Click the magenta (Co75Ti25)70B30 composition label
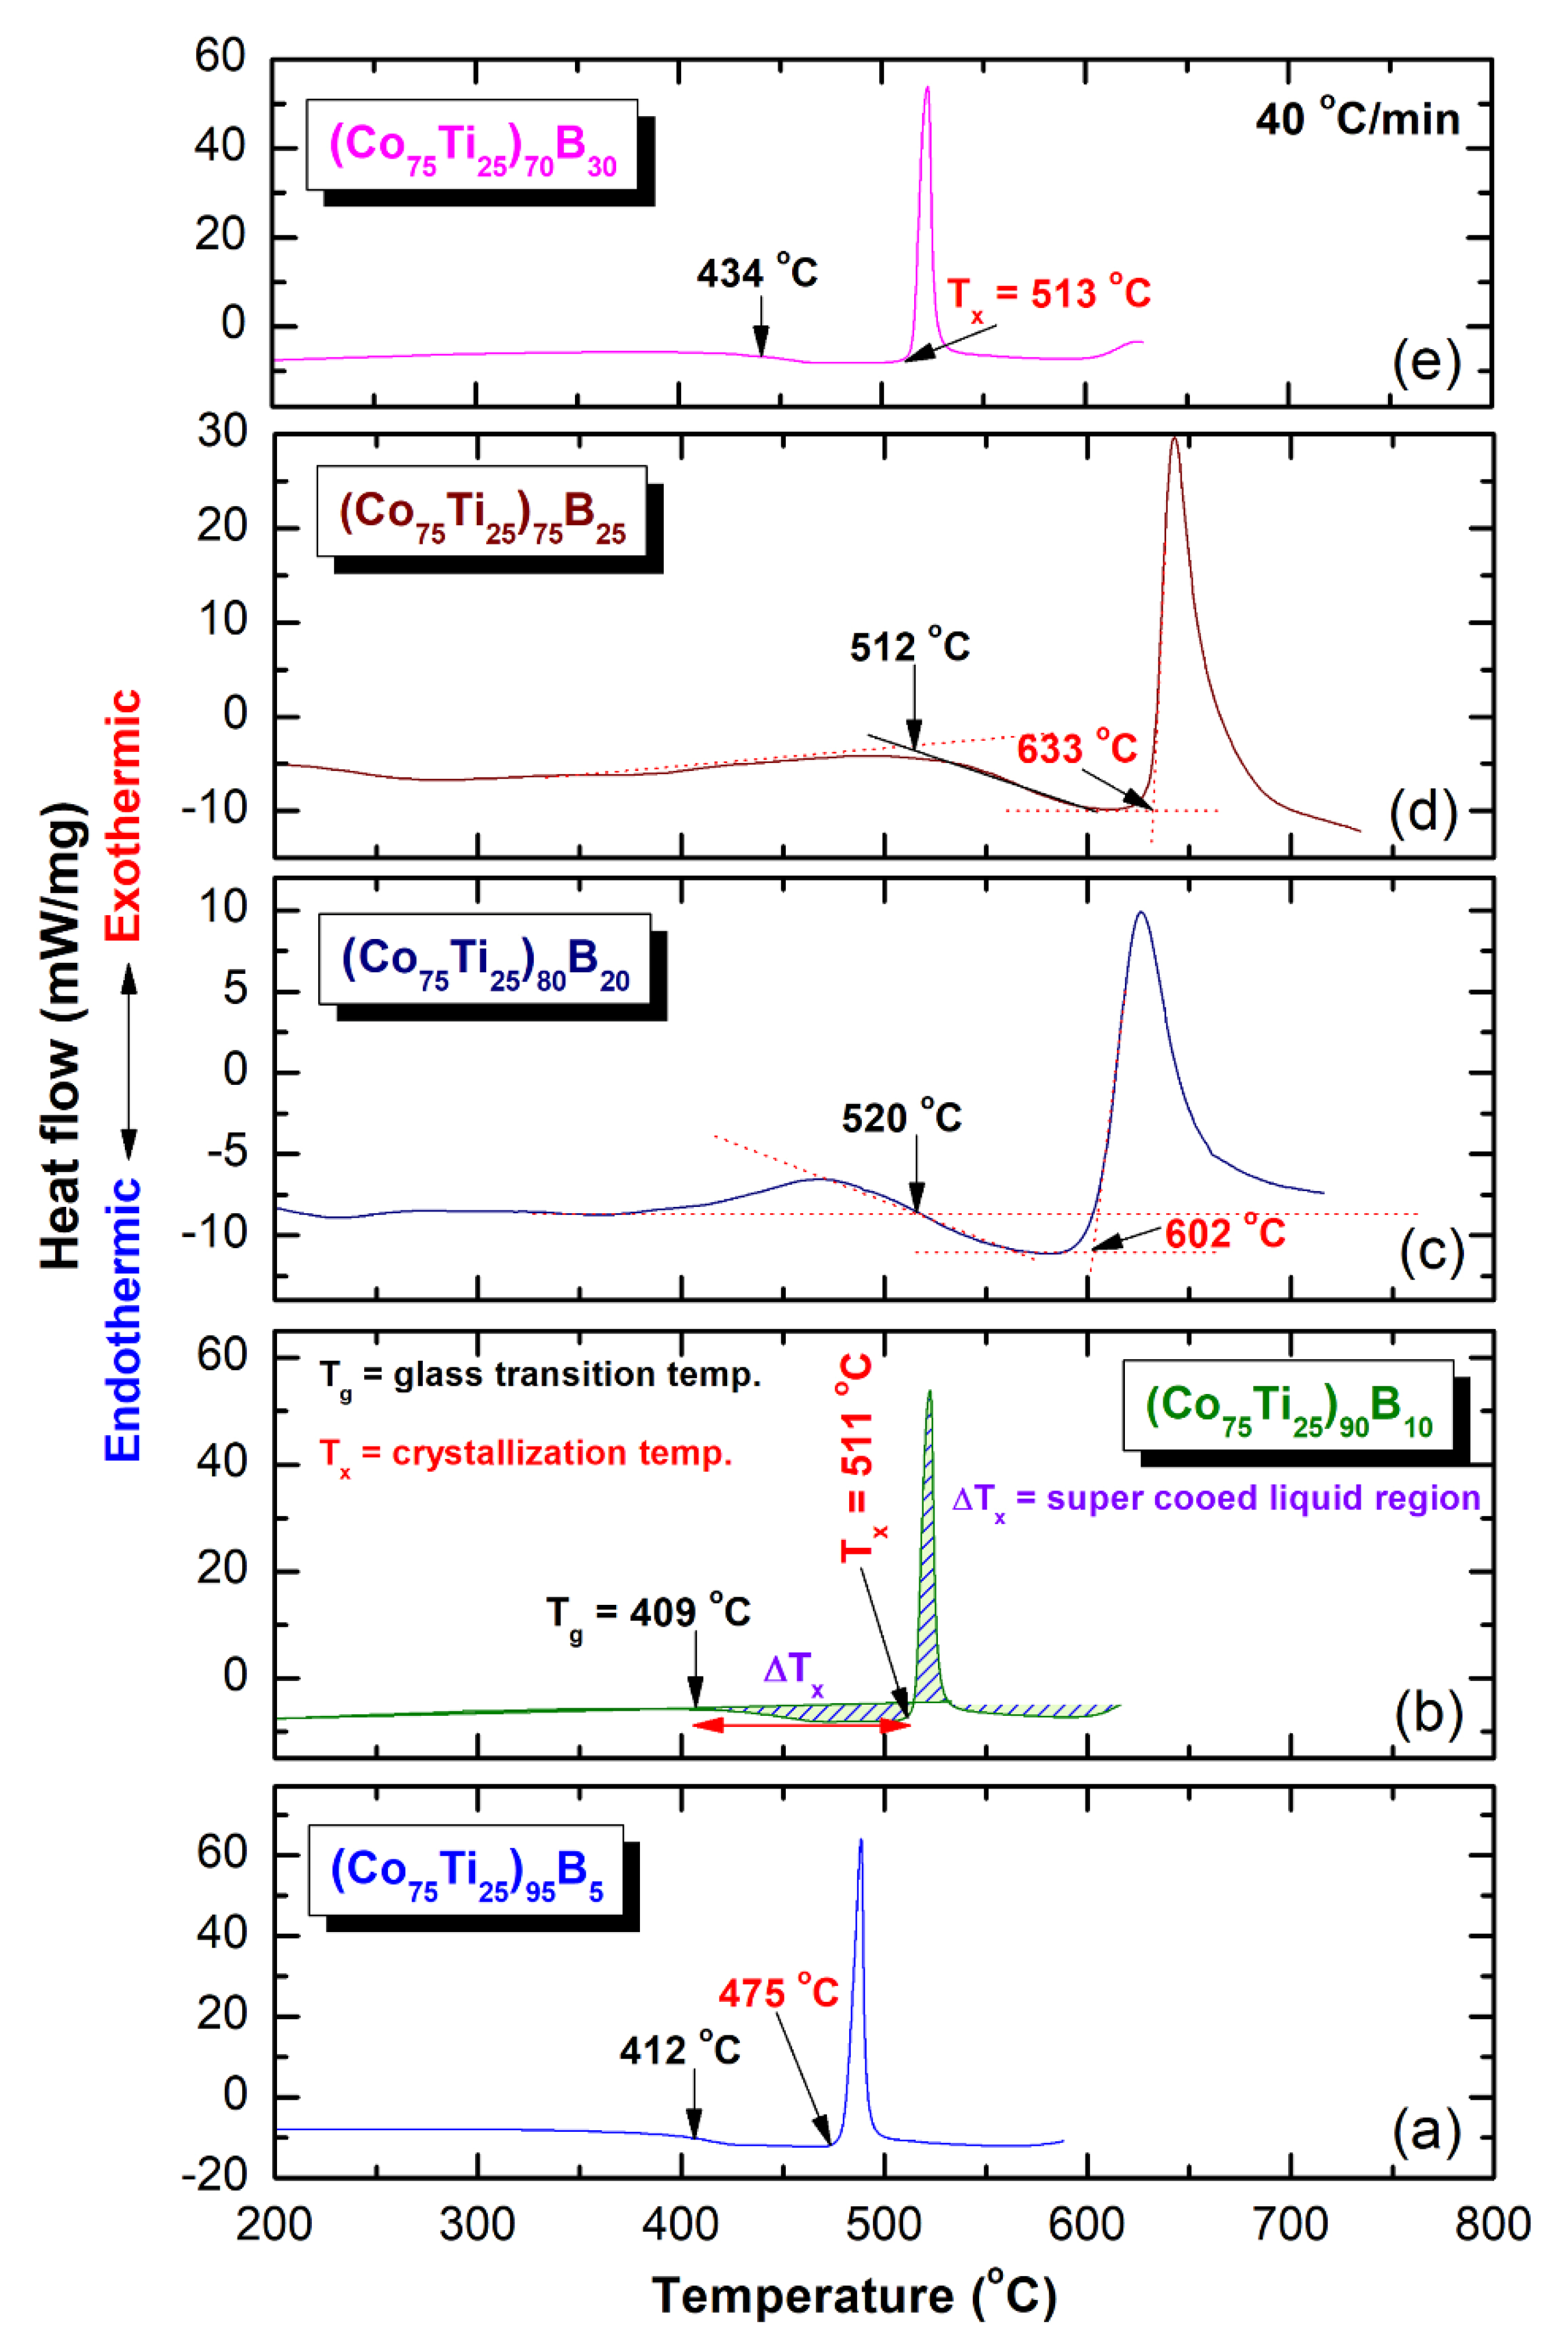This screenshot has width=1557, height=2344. (x=473, y=146)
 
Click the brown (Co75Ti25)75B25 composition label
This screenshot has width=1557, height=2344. (x=483, y=514)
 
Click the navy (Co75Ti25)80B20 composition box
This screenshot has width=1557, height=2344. (x=484, y=960)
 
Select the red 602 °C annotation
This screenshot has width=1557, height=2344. (x=1224, y=1234)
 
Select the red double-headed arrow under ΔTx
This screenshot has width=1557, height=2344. (x=800, y=1725)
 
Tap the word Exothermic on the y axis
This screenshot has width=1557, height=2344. (x=124, y=815)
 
